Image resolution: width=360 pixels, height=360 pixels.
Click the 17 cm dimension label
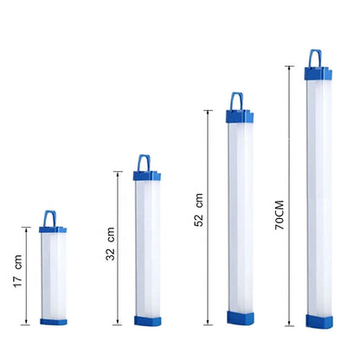coord(16,273)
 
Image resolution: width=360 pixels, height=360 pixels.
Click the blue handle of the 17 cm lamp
coord(53,217)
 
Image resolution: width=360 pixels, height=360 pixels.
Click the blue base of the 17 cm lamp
coord(53,321)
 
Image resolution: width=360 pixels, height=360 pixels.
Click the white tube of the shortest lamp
coord(53,275)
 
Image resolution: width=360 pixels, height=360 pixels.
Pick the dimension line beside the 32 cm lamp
coord(119,247)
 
